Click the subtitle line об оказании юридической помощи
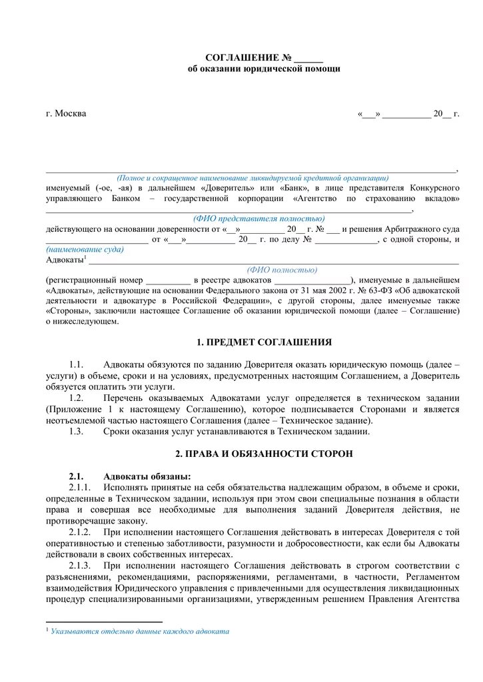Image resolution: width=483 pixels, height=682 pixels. [264, 69]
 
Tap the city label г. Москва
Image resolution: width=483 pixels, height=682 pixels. [66, 113]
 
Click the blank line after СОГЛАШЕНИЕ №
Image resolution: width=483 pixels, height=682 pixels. [308, 58]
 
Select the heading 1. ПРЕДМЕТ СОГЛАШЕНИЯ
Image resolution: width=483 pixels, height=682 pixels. [264, 342]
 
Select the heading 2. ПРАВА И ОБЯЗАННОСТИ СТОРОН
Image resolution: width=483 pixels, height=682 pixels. [264, 454]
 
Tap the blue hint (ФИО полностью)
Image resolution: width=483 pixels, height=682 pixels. [282, 270]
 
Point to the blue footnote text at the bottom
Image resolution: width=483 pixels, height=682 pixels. [140, 631]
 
